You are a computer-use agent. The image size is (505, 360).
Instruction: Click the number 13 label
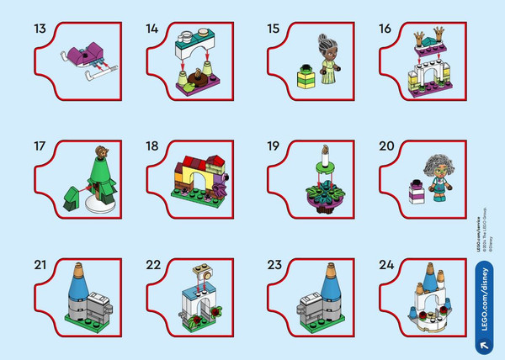[x=40, y=28]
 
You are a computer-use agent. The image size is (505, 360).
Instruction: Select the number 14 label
[x=152, y=28]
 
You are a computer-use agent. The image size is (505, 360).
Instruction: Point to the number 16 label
[x=385, y=28]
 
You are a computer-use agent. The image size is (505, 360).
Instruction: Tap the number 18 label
[x=152, y=146]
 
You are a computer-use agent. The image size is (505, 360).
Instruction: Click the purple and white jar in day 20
[x=412, y=192]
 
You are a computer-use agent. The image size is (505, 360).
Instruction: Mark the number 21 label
[x=40, y=265]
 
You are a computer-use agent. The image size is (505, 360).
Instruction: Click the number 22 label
[x=152, y=265]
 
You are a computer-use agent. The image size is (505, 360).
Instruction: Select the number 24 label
[x=386, y=265]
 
